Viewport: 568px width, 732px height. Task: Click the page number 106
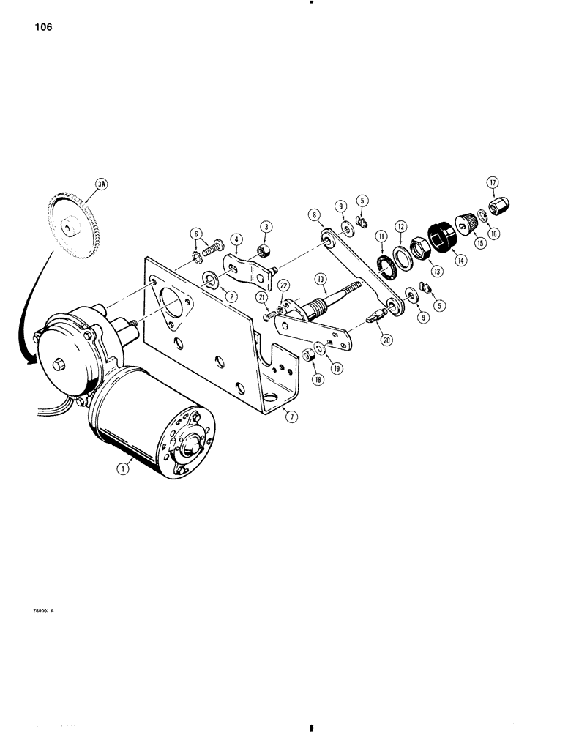point(42,29)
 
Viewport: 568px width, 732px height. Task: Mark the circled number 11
point(381,236)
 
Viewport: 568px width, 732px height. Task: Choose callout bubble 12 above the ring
point(402,227)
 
